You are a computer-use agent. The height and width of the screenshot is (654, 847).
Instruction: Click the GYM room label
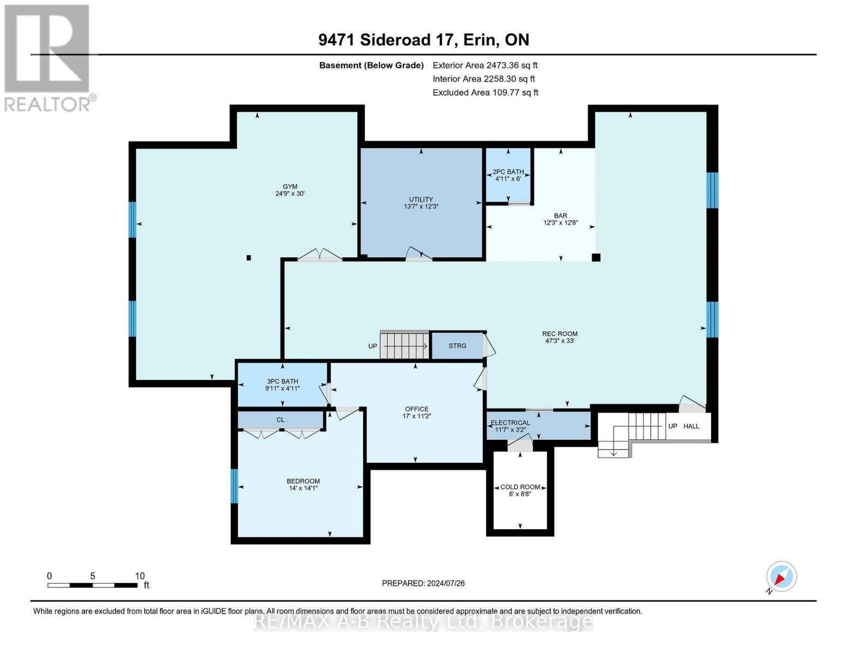click(290, 186)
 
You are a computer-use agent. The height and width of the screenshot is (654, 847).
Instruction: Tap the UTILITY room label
click(421, 199)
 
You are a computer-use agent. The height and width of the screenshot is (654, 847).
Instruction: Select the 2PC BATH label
click(508, 172)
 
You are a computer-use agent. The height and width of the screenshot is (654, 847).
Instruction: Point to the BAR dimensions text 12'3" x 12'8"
click(561, 223)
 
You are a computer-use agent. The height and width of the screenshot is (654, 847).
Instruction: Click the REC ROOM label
click(560, 334)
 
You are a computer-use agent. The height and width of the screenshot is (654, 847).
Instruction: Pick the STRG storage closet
click(457, 346)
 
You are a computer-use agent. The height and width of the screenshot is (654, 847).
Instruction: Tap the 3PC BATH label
click(283, 381)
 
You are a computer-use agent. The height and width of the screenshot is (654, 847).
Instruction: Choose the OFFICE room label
click(417, 409)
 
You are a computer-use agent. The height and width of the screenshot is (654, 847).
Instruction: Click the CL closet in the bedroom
click(280, 420)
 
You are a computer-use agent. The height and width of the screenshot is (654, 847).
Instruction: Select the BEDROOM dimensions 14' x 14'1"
click(303, 488)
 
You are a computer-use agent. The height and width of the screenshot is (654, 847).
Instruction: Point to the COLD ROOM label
click(520, 487)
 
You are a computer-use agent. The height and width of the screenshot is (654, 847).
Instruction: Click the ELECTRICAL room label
click(510, 422)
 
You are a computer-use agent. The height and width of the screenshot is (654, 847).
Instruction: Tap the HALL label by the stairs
click(691, 426)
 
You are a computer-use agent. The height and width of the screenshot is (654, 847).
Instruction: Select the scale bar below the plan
click(92, 585)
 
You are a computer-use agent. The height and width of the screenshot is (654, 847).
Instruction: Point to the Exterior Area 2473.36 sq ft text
click(485, 65)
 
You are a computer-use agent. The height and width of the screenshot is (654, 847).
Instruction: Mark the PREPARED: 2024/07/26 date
click(423, 583)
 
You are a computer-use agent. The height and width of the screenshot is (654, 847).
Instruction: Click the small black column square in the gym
click(249, 257)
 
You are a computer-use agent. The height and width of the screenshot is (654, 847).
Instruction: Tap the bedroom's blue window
click(235, 486)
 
